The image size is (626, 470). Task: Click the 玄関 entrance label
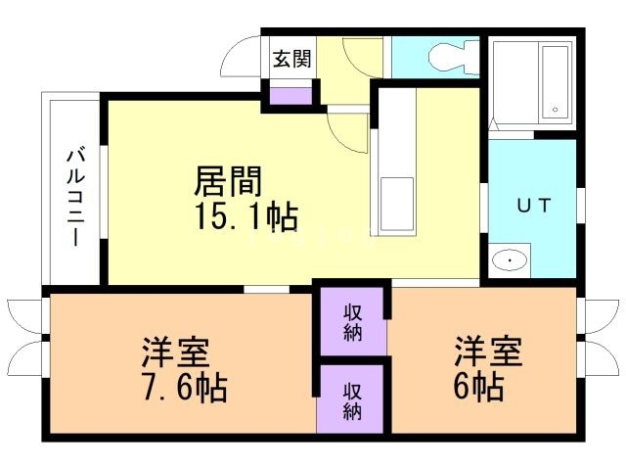[291, 59]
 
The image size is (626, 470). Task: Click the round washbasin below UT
[509, 260]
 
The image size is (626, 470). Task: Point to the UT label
[532, 205]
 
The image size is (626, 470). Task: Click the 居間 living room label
[229, 182]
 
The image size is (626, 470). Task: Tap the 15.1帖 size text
[246, 216]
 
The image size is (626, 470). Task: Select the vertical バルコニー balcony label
[74, 197]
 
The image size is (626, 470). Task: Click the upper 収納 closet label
[353, 320]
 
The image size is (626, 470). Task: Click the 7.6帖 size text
[183, 388]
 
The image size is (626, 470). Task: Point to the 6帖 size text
[478, 388]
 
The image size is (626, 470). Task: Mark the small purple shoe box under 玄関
[291, 96]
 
